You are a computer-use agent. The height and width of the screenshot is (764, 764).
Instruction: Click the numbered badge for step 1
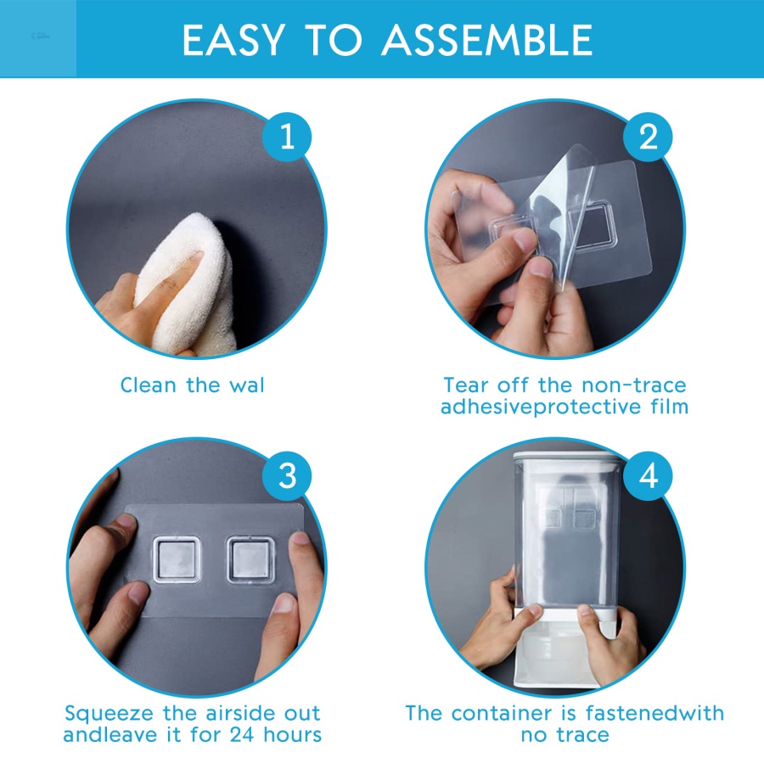(x=287, y=137)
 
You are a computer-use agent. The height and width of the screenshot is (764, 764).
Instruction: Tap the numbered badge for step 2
(x=648, y=137)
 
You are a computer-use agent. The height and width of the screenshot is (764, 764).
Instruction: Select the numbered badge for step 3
(x=287, y=476)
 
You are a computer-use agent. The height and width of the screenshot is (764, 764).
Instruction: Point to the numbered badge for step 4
(x=648, y=476)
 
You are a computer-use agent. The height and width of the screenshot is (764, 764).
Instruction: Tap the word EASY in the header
(x=233, y=40)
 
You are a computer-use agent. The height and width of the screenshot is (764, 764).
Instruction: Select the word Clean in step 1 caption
(x=148, y=385)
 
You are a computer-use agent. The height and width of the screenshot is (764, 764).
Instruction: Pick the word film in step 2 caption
(x=669, y=407)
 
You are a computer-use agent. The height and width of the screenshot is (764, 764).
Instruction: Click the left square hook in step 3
(x=177, y=559)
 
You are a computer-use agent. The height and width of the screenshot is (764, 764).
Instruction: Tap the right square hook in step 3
(x=250, y=559)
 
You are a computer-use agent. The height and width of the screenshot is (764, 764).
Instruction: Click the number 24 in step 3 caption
(x=242, y=735)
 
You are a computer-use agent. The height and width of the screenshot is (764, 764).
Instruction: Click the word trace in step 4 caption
(x=581, y=735)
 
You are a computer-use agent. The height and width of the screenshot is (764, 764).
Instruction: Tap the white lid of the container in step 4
(x=568, y=458)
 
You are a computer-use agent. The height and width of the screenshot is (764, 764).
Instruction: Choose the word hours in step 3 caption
(x=293, y=735)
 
